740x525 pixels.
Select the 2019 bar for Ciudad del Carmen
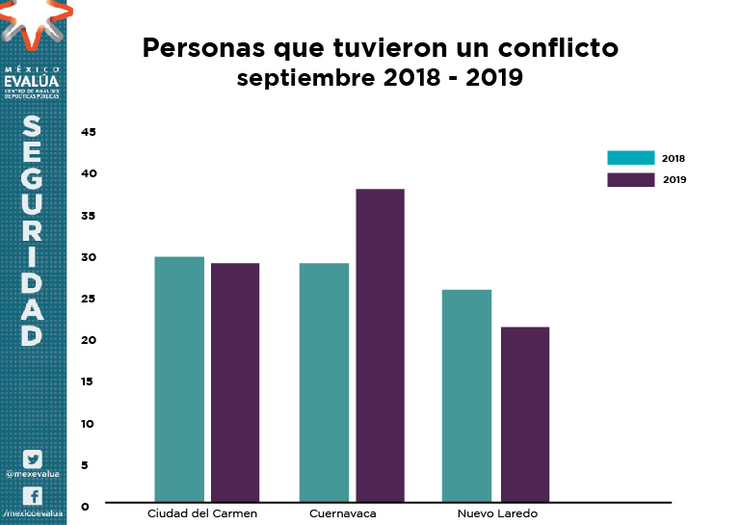pyautogui.click(x=235, y=382)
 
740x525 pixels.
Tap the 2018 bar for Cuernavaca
pyautogui.click(x=324, y=382)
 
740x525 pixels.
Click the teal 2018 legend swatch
pyautogui.click(x=631, y=158)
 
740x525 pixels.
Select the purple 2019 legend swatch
pyautogui.click(x=631, y=179)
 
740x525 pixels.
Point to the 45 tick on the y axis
pyautogui.click(x=89, y=132)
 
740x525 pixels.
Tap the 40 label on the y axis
pyautogui.click(x=89, y=173)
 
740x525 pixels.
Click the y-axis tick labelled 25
pyautogui.click(x=89, y=299)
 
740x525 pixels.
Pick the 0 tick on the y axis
pyautogui.click(x=85, y=506)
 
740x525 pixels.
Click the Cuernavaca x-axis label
pyautogui.click(x=342, y=513)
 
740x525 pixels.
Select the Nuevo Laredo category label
pyautogui.click(x=497, y=513)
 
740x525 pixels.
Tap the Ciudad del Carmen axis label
pyautogui.click(x=202, y=513)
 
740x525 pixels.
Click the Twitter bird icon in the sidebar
pyautogui.click(x=33, y=459)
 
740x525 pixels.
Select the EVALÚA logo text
pyautogui.click(x=33, y=81)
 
